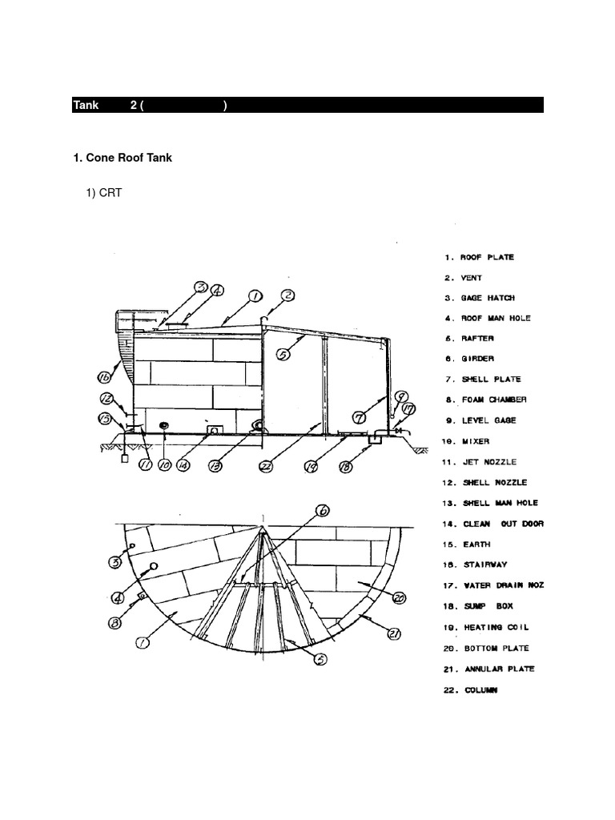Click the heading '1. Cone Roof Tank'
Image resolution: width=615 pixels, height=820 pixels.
tap(122, 158)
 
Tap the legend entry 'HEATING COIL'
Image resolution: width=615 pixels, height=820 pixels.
tap(495, 628)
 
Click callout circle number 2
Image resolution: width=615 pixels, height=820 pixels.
tap(289, 297)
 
